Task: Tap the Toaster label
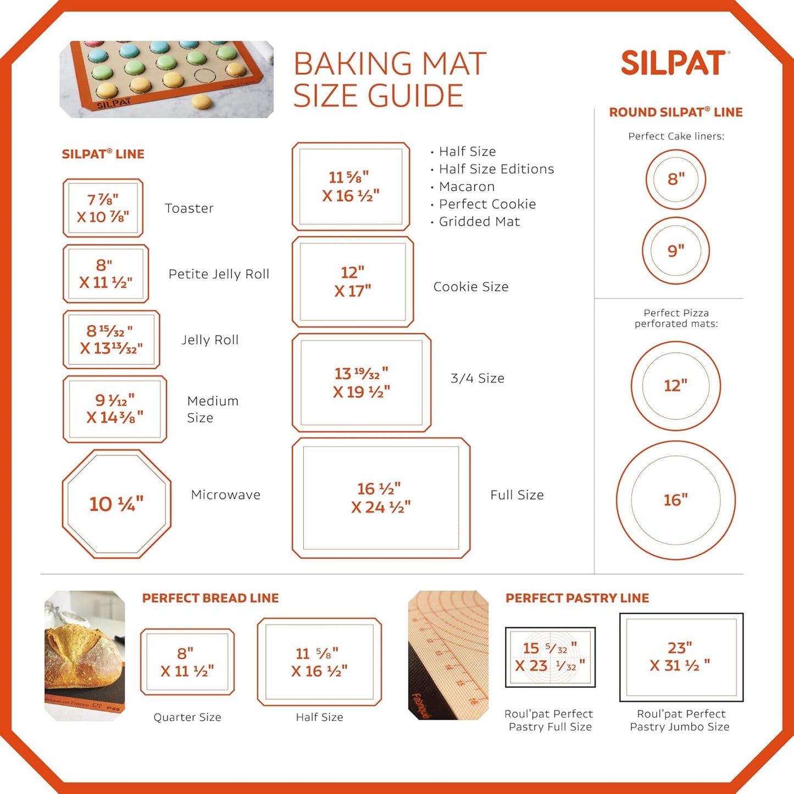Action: click(189, 208)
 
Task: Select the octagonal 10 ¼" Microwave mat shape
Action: click(116, 504)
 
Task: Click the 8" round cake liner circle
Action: click(676, 179)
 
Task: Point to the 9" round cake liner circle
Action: click(676, 251)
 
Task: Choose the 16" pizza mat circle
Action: click(675, 500)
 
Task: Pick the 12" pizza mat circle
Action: click(675, 385)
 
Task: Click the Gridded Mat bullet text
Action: click(479, 221)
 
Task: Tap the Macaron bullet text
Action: click(467, 186)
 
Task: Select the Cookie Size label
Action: click(471, 287)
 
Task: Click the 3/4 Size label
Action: click(477, 378)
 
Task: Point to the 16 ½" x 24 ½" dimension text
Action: click(381, 498)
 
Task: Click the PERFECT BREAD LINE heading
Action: click(210, 598)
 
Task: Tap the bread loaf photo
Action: click(85, 655)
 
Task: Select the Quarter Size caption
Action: click(187, 717)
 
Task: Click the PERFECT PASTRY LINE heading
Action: click(577, 598)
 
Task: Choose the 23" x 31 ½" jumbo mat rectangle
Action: click(681, 657)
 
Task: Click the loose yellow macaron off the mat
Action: click(201, 102)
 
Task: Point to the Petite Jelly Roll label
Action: click(219, 274)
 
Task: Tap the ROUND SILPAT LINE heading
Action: click(675, 112)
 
